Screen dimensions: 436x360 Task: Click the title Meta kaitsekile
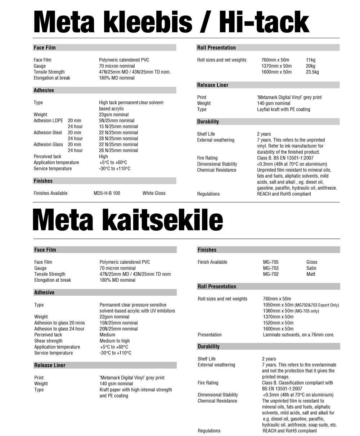pos(128,221)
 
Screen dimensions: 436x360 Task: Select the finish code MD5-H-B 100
pos(107,193)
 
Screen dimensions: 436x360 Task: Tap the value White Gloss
pos(154,193)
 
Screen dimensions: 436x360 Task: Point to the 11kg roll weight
pos(310,60)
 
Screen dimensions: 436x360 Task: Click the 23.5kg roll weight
pos(312,72)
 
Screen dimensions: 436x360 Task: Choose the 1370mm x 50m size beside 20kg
pos(276,66)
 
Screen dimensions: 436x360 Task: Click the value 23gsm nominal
pos(114,115)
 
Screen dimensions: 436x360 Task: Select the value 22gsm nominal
pos(114,317)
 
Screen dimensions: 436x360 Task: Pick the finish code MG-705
pos(271,262)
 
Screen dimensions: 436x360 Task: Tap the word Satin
pos(311,268)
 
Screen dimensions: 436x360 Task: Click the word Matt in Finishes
pos(311,274)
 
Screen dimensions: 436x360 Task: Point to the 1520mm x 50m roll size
pos(278,323)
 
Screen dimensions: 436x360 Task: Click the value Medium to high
pos(115,341)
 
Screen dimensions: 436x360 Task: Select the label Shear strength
pos(48,341)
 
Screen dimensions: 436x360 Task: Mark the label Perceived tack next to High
pos(48,156)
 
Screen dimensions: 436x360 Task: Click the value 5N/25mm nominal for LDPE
pos(117,121)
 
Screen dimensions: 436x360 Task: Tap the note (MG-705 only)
pos(307,311)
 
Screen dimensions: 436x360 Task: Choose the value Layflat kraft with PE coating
pos(283,109)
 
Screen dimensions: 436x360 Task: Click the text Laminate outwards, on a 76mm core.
pos(298,335)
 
